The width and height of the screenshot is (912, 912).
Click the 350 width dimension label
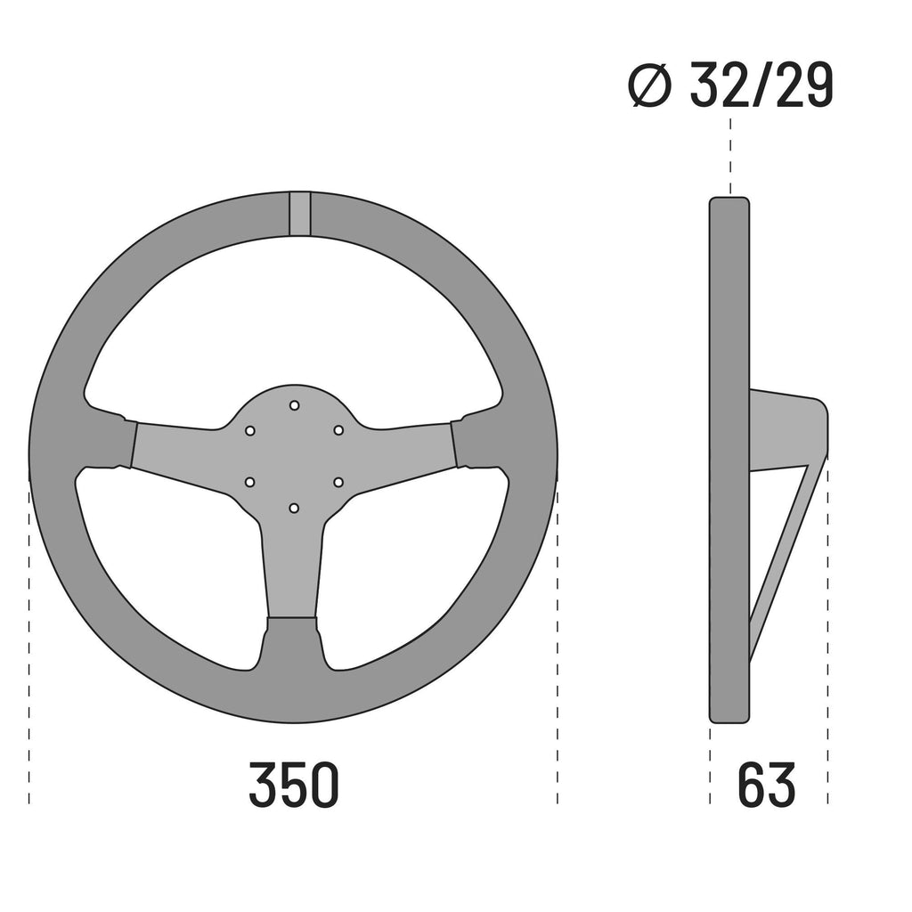294,785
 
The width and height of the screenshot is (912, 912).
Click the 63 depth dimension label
767,785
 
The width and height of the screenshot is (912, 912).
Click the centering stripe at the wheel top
300,214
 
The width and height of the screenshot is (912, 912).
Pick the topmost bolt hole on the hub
294,405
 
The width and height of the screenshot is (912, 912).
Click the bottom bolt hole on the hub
294,508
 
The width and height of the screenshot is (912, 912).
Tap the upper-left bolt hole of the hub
250,430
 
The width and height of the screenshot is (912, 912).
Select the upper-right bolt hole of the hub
338,430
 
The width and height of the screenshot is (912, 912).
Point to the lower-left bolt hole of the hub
250,482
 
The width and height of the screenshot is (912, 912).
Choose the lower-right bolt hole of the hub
338,482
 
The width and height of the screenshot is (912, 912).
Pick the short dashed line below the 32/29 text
730,151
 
